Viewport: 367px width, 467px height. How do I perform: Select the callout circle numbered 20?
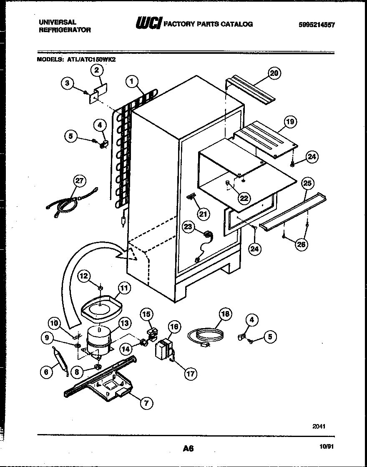coord(274,73)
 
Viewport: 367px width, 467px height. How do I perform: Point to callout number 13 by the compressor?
coord(124,323)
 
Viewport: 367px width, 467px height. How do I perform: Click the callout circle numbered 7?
coord(146,402)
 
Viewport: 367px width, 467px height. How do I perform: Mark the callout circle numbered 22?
coord(244,198)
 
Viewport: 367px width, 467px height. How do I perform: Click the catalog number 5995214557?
coord(317,25)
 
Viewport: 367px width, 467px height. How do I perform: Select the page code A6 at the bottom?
coord(188,449)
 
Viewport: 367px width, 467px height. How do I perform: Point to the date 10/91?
coord(327,446)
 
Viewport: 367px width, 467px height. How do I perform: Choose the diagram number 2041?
coord(319,426)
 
